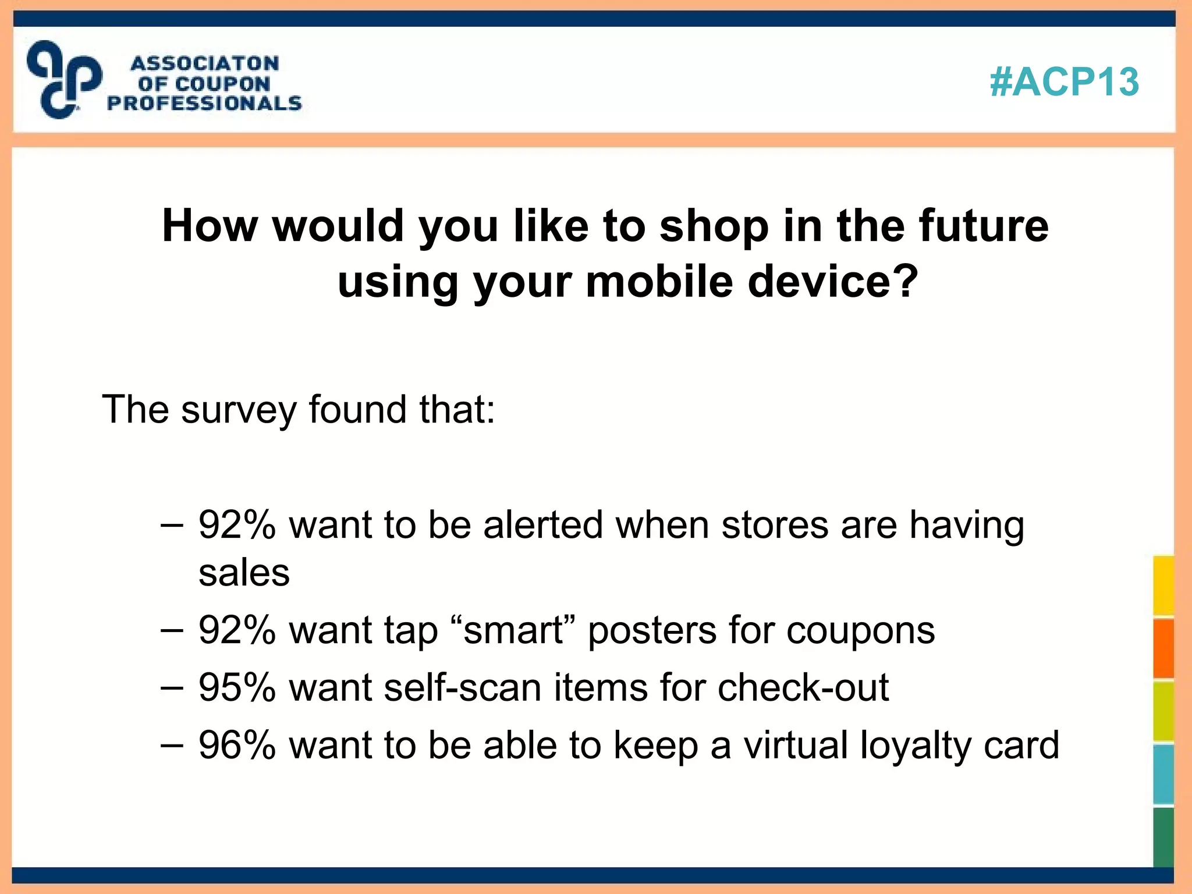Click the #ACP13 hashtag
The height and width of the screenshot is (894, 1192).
[x=1064, y=81]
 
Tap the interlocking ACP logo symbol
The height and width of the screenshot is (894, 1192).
[x=64, y=80]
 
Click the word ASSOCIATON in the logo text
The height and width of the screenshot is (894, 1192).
[x=205, y=63]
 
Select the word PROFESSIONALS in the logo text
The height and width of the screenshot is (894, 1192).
[x=205, y=104]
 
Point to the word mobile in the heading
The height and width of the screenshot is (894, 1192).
[x=659, y=282]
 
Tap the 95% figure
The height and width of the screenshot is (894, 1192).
[x=236, y=687]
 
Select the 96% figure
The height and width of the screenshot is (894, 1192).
[x=236, y=745]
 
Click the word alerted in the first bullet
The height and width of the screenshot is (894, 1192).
[x=543, y=525]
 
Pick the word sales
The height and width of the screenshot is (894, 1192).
[x=244, y=573]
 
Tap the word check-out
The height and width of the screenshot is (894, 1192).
[x=803, y=687]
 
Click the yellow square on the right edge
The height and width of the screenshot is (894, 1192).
[x=1163, y=586]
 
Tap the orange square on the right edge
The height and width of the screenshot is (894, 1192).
[x=1163, y=648]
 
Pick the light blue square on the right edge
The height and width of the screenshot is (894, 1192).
[x=1163, y=774]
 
